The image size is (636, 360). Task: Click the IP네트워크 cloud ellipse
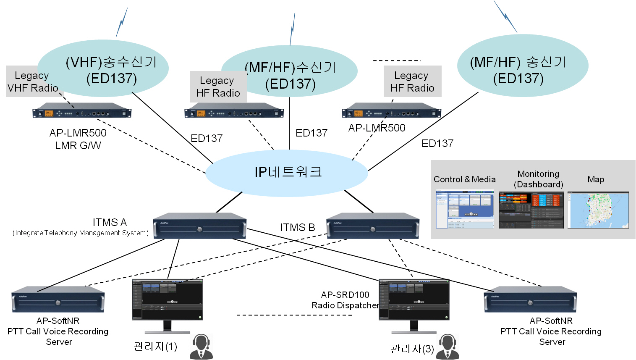287,173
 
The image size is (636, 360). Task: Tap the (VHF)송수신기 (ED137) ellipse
111,69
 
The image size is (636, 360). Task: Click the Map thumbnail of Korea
598,210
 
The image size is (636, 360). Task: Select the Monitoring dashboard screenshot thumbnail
531,210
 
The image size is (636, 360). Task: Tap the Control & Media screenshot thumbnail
465,209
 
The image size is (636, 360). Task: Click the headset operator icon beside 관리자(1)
202,347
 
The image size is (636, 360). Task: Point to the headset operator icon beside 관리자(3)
448,347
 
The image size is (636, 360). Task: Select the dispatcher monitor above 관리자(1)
168,300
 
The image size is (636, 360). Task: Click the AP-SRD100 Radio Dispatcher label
345,300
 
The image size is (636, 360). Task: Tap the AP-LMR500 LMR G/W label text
78,139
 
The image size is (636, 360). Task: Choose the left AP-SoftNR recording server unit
58,300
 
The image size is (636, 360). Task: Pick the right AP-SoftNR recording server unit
530,300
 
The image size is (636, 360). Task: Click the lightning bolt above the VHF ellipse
122,23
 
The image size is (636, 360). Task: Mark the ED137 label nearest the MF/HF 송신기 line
437,144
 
